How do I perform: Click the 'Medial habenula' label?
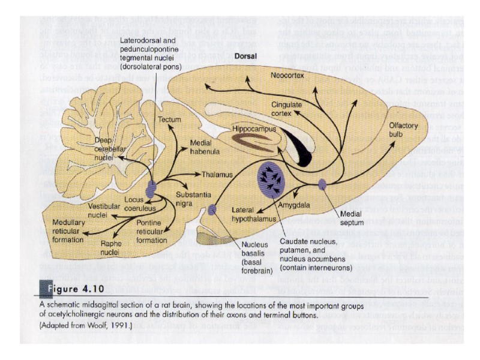(206, 148)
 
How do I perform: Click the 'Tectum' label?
(169, 120)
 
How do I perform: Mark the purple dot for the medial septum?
(322, 185)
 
